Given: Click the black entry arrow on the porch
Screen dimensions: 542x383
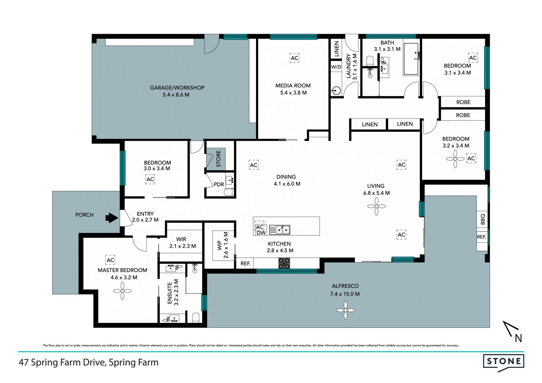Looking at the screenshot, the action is coord(112,218).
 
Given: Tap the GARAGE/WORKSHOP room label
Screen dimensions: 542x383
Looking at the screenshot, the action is coord(177,88).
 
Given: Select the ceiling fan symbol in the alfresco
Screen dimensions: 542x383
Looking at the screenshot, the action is coord(346,310).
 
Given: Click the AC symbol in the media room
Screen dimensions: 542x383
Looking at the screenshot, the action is coord(294,58).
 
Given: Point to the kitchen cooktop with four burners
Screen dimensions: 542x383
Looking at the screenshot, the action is coord(284,263).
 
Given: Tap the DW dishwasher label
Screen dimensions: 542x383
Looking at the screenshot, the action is coord(261,233).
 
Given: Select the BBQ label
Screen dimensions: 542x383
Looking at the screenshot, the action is coord(482,219).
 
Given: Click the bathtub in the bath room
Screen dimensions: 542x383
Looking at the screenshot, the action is coord(411,59).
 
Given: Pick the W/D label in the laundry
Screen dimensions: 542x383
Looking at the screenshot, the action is coord(336,67).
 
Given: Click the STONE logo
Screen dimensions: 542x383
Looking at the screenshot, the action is coord(504,363).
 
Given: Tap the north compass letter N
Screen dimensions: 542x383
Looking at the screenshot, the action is coord(518,338).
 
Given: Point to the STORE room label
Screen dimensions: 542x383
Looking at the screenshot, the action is coord(218,159).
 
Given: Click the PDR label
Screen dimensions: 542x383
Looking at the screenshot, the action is coord(219,184).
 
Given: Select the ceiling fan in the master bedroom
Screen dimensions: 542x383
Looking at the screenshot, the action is coord(122,291).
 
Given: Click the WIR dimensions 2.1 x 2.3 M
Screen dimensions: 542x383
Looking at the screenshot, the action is coord(182,246).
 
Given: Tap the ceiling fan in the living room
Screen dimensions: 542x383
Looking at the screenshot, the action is coord(377,206).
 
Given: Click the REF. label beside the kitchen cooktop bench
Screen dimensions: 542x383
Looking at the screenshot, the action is coord(245,263).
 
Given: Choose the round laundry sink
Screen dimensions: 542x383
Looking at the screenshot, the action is coord(336,91).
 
